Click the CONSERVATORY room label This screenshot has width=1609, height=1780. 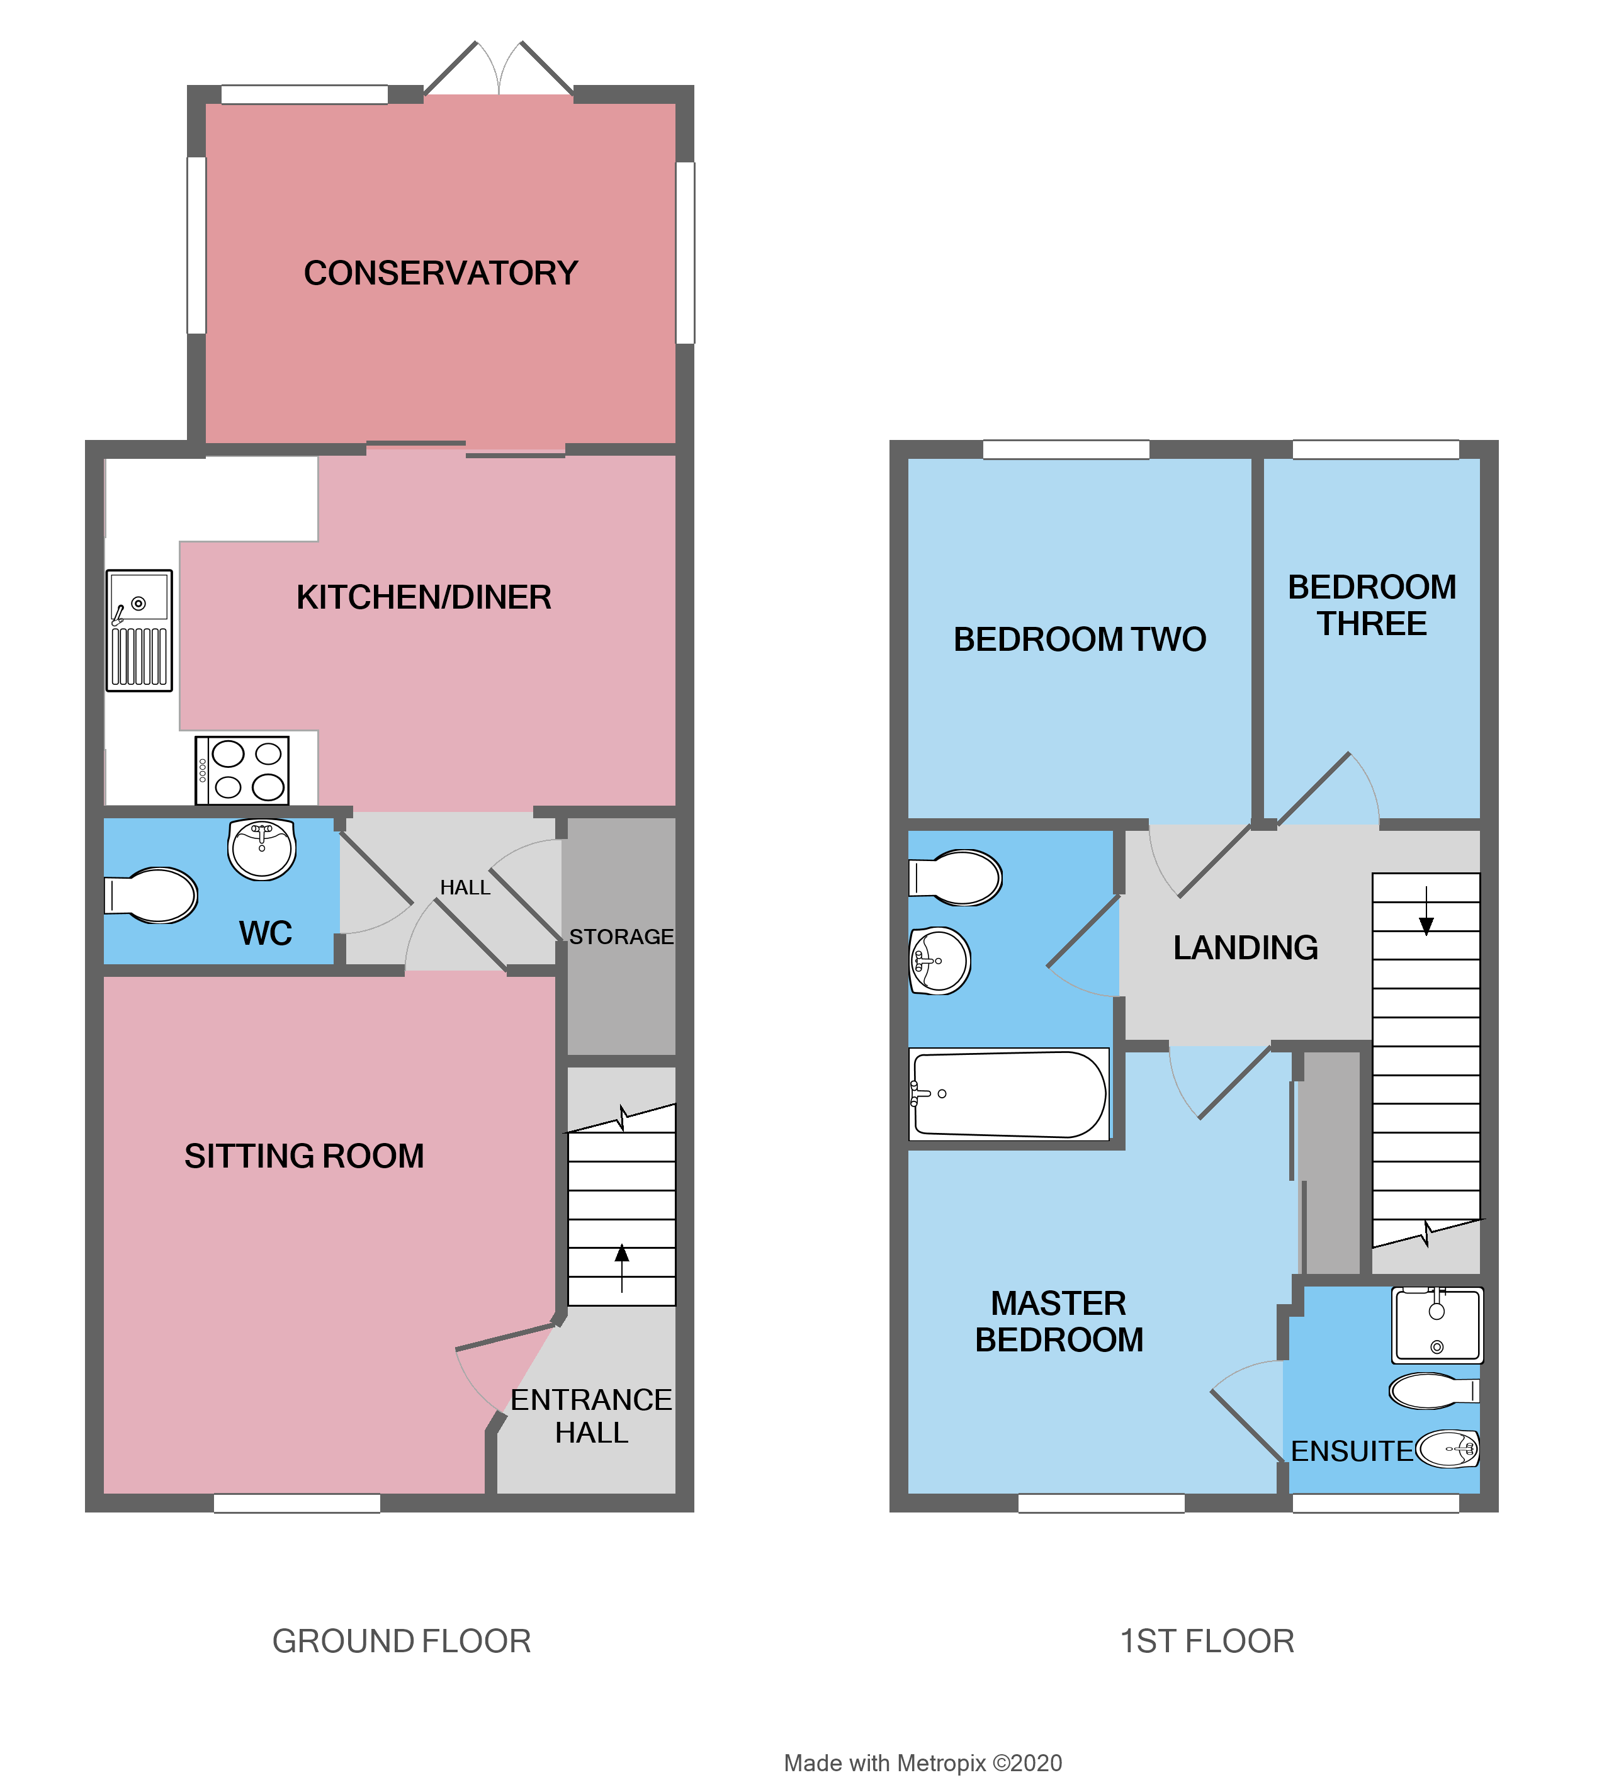(x=440, y=273)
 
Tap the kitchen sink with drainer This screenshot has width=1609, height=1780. (x=138, y=629)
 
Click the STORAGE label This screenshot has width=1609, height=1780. (x=621, y=936)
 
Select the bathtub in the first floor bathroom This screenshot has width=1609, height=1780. (x=1008, y=1094)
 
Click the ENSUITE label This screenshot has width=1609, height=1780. (x=1351, y=1451)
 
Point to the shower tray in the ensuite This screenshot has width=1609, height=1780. (x=1437, y=1324)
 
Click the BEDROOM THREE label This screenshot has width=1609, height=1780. (x=1372, y=605)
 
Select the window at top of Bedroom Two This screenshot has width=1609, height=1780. (x=1065, y=449)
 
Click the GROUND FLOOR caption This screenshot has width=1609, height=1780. (x=401, y=1640)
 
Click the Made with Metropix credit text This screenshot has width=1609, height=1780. (x=922, y=1762)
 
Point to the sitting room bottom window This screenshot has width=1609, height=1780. (x=296, y=1503)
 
